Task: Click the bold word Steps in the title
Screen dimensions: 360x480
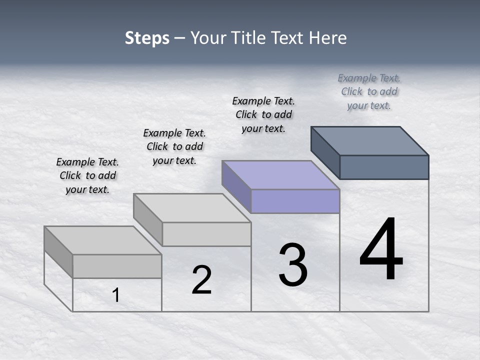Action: [x=147, y=38]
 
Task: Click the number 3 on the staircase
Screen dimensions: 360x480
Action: [x=293, y=265]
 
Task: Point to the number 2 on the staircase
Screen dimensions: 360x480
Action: [x=201, y=280]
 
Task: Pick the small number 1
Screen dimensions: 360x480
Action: [x=116, y=295]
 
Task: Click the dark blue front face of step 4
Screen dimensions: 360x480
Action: [x=384, y=167]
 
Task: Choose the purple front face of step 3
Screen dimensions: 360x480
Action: [x=295, y=201]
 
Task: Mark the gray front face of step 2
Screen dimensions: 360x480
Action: [x=206, y=234]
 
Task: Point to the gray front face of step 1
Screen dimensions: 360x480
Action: [x=117, y=266]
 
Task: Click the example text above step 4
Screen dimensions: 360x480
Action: [x=369, y=91]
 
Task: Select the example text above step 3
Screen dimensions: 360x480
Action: [x=263, y=114]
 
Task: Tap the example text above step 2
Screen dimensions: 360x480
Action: [x=174, y=146]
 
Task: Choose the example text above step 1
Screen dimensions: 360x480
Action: [x=87, y=175]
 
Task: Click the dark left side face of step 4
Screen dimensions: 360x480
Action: [x=325, y=152]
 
